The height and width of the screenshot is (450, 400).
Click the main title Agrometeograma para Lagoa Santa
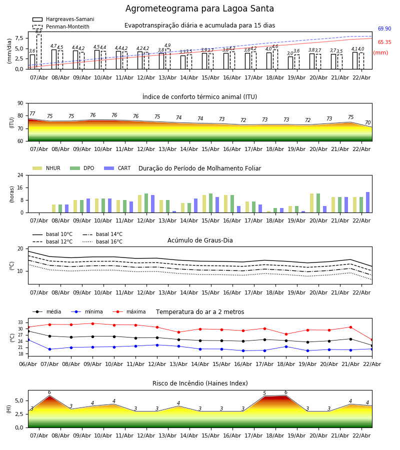point(199,9)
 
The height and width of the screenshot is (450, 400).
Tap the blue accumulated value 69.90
point(384,29)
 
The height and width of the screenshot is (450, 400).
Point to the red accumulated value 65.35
point(384,42)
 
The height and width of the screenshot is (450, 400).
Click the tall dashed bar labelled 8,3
point(38,50)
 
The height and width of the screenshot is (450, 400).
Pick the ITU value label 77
point(32,114)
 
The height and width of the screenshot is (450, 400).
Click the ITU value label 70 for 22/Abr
point(367,123)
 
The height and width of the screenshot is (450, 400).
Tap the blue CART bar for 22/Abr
point(367,202)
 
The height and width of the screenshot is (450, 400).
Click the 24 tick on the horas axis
point(21,175)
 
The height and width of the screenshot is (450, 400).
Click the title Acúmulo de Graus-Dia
point(200,240)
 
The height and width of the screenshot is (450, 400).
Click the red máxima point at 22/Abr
point(371,339)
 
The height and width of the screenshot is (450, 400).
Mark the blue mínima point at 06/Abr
point(28,339)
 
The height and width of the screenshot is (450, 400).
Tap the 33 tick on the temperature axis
point(20,322)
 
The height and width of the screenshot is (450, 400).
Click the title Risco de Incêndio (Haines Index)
point(200,383)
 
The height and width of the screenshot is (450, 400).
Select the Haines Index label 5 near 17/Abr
point(264,393)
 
